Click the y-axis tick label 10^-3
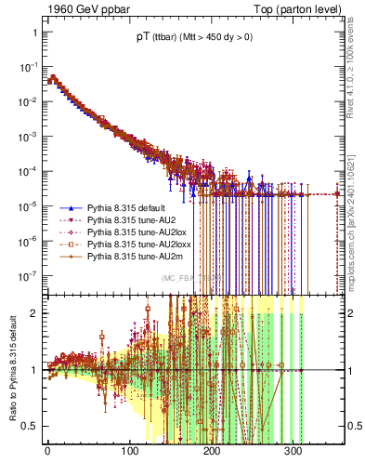pyautogui.click(x=28, y=136)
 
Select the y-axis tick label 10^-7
pyautogui.click(x=28, y=274)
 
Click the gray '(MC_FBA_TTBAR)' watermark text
pyautogui.click(x=189, y=278)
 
